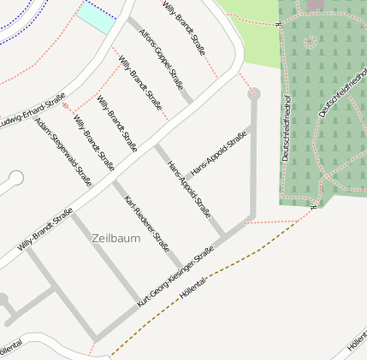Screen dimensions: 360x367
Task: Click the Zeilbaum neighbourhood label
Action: (x=115, y=238)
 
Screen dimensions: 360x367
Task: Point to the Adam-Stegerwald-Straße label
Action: (x=63, y=151)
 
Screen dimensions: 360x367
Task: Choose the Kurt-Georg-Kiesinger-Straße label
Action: (x=175, y=278)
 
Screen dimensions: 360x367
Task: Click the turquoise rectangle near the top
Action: (x=97, y=18)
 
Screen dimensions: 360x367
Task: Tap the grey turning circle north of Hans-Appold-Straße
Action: (x=254, y=94)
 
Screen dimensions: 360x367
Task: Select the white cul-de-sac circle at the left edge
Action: (x=15, y=179)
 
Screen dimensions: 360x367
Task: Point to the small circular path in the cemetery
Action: (x=309, y=41)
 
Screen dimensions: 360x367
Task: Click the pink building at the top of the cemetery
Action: (x=316, y=4)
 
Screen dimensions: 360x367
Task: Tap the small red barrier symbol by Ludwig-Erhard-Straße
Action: (x=66, y=105)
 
